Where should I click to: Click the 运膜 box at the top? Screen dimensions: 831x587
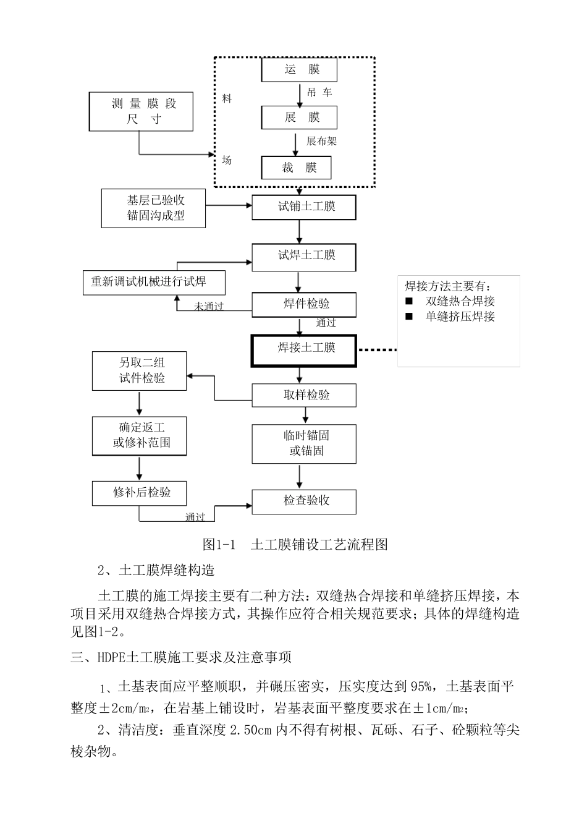point(299,70)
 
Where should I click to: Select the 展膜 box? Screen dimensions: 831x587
point(299,117)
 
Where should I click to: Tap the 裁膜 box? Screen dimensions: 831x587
point(297,168)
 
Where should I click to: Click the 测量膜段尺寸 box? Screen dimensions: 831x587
point(141,112)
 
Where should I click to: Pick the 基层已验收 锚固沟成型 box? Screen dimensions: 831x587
point(153,208)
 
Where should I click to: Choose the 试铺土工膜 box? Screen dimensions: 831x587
point(304,207)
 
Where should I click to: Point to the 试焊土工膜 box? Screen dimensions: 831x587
point(304,256)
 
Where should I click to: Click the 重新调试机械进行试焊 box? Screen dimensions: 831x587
point(154,283)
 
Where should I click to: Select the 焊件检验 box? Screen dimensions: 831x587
point(304,304)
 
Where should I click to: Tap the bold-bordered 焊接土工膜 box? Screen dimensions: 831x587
point(303,350)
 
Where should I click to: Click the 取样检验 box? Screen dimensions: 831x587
point(304,395)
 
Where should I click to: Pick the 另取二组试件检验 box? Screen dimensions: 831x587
point(139,371)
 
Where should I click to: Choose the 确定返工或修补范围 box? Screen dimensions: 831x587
point(139,436)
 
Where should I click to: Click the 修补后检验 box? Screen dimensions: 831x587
point(139,493)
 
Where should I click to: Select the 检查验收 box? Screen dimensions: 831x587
point(304,501)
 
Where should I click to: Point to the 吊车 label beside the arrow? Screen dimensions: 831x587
point(319,93)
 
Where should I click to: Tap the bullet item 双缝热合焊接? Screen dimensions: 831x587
point(460,302)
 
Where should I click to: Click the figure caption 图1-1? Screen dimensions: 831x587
point(220,545)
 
